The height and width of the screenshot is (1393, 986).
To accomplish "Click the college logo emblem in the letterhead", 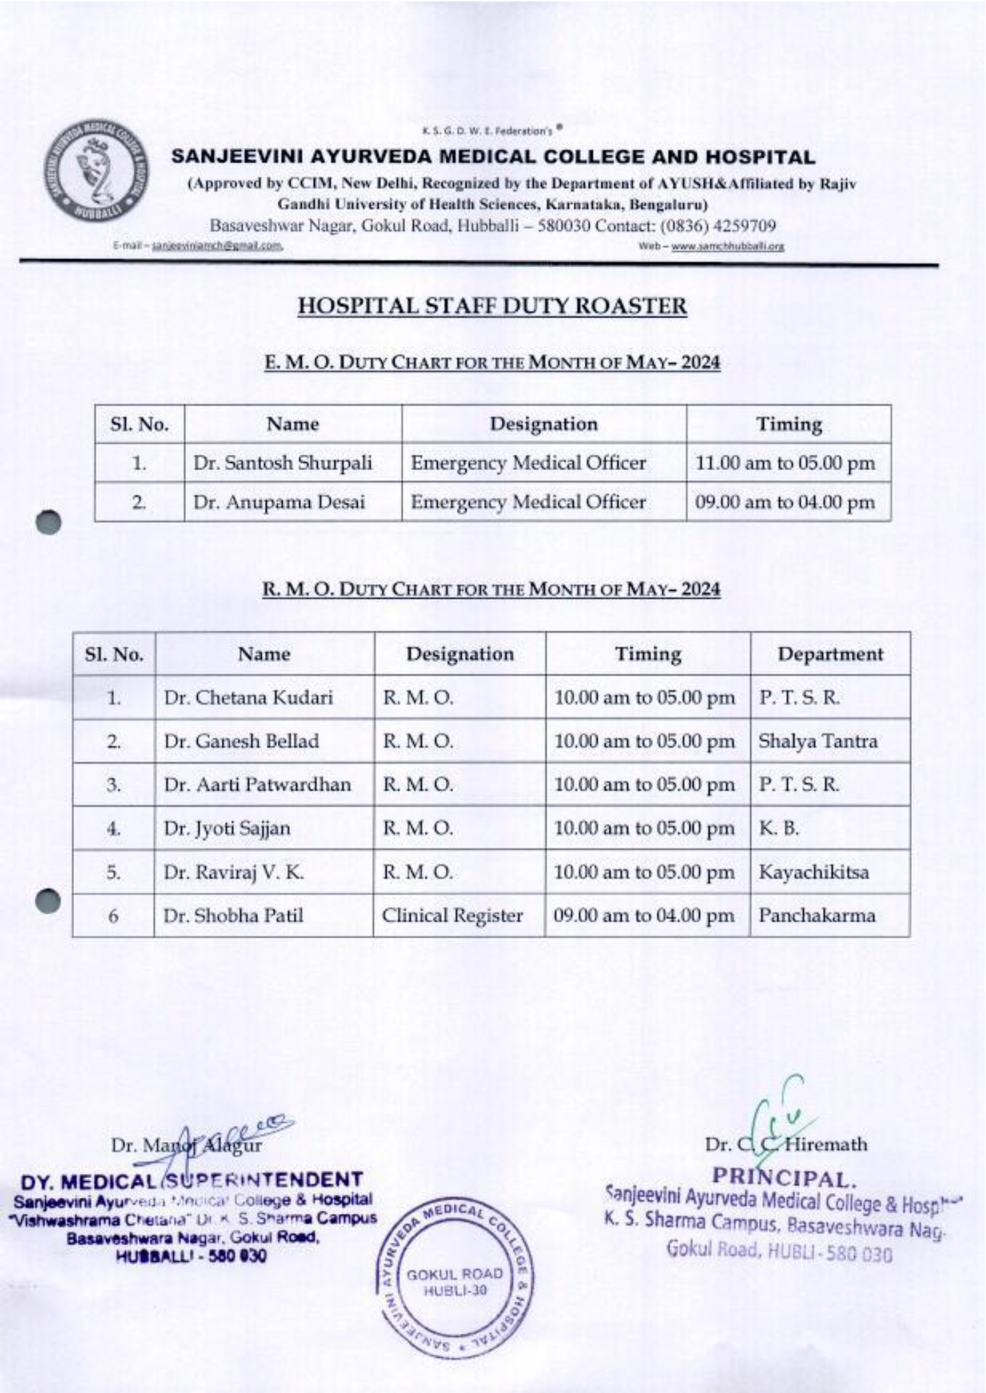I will pyautogui.click(x=97, y=172).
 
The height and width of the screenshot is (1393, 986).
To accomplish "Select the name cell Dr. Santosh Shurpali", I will pyautogui.click(x=282, y=463).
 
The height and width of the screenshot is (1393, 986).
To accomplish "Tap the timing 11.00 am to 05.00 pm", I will pyautogui.click(x=785, y=463).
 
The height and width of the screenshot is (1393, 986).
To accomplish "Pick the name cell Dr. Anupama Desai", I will pyautogui.click(x=279, y=501).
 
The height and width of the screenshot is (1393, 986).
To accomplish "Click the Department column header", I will pyautogui.click(x=829, y=654).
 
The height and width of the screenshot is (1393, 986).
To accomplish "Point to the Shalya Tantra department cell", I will pyautogui.click(x=817, y=741).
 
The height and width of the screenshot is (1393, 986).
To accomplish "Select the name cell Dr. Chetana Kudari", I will pyautogui.click(x=248, y=697).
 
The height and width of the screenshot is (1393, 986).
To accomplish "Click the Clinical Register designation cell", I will pyautogui.click(x=452, y=916).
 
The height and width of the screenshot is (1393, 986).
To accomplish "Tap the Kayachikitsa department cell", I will pyautogui.click(x=813, y=872).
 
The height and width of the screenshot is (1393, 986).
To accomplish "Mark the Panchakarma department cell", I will pyautogui.click(x=817, y=916).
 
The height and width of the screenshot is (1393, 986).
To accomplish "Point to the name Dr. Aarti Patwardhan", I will pyautogui.click(x=257, y=784).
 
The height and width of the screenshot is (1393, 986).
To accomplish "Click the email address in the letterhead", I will pyautogui.click(x=217, y=246).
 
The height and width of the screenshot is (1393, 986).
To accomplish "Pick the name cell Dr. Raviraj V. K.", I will pyautogui.click(x=234, y=872).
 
